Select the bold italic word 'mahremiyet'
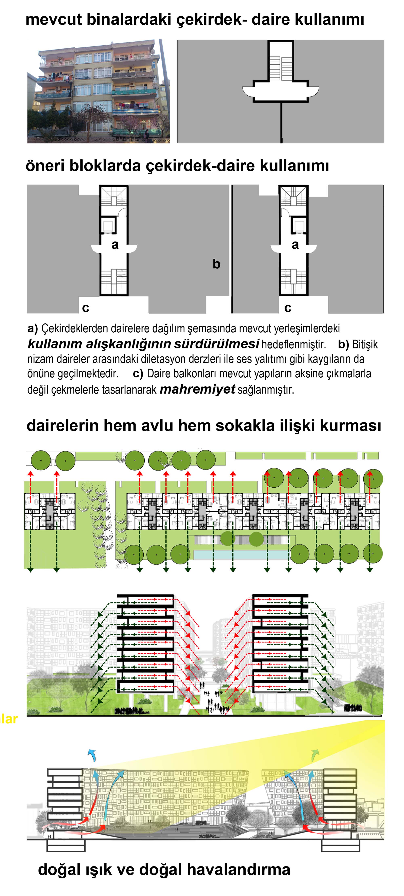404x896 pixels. [x=197, y=389]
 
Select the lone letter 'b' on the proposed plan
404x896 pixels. [x=216, y=264]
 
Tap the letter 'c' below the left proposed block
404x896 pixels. [x=85, y=308]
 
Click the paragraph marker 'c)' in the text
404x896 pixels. [x=138, y=374]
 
